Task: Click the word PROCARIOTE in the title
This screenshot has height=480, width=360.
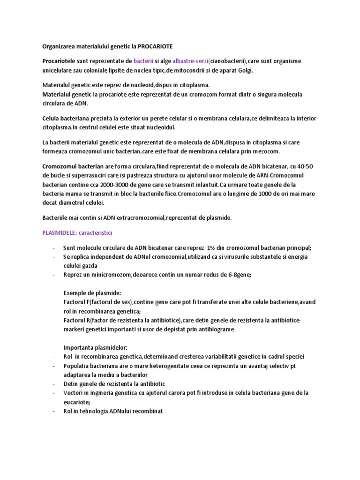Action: pyautogui.click(x=159, y=46)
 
